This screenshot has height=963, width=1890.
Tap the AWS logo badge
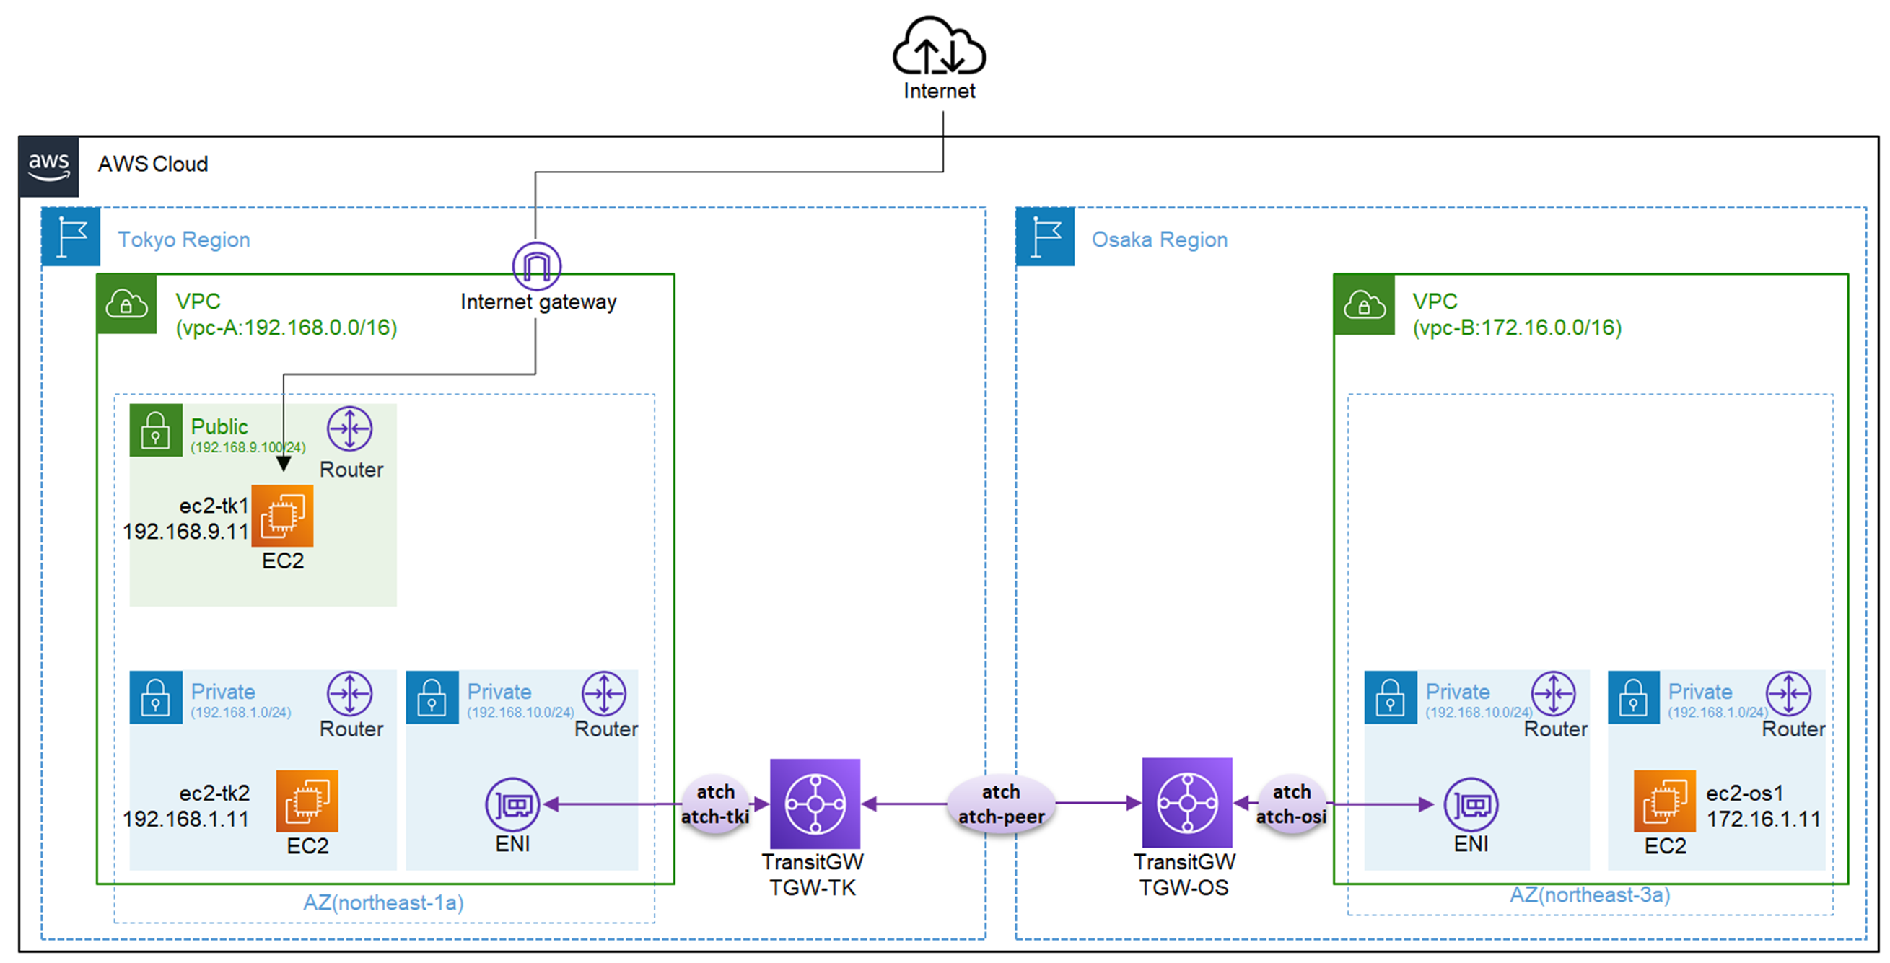pyautogui.click(x=49, y=167)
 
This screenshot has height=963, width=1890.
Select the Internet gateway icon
pyautogui.click(x=536, y=265)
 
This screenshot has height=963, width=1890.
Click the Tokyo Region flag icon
pyautogui.click(x=71, y=236)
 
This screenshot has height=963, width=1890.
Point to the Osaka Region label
pyautogui.click(x=1158, y=239)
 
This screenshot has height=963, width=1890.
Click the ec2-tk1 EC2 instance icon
pyautogui.click(x=282, y=516)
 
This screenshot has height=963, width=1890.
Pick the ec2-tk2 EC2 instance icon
pyautogui.click(x=307, y=801)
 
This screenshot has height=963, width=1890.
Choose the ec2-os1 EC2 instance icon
pyautogui.click(x=1664, y=801)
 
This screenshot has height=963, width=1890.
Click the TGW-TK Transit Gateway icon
pyautogui.click(x=815, y=804)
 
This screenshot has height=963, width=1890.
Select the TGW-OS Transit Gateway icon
pyautogui.click(x=1186, y=803)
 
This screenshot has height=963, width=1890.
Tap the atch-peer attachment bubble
pyautogui.click(x=1001, y=804)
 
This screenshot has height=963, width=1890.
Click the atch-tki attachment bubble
pyautogui.click(x=715, y=804)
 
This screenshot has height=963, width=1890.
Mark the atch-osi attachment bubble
pyautogui.click(x=1291, y=804)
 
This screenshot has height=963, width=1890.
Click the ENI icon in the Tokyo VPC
pyautogui.click(x=512, y=804)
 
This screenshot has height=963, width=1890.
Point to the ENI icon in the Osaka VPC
pyautogui.click(x=1470, y=804)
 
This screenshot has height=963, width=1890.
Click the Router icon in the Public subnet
pyautogui.click(x=350, y=428)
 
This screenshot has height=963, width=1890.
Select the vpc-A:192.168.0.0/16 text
pyautogui.click(x=286, y=327)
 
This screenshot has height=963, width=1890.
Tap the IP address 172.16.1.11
pyautogui.click(x=1763, y=819)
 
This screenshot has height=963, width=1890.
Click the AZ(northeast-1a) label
pyautogui.click(x=383, y=902)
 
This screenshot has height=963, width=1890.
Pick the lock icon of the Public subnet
pyautogui.click(x=156, y=431)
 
